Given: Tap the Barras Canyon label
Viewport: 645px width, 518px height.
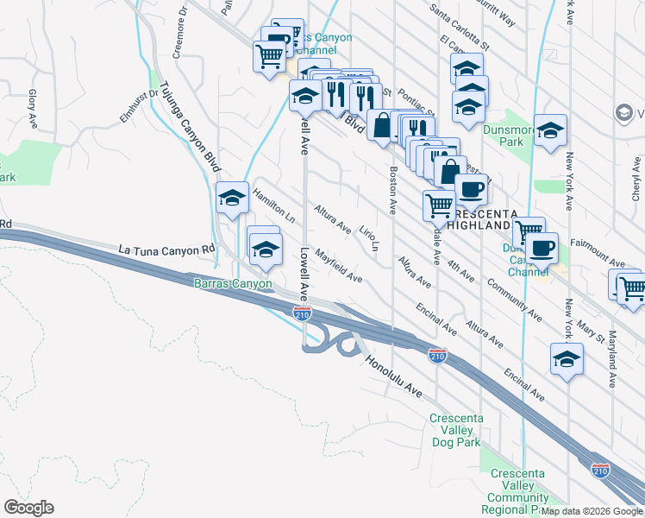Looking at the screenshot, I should click(x=232, y=283).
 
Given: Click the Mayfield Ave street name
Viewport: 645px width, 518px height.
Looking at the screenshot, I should click(x=338, y=266).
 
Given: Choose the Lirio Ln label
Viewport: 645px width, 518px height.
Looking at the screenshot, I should click(x=369, y=238).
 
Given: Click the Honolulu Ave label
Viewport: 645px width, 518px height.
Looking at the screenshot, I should click(x=393, y=377).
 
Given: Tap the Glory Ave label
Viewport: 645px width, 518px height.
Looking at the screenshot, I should click(x=33, y=103).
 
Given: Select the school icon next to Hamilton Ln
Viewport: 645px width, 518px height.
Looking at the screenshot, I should click(x=232, y=199).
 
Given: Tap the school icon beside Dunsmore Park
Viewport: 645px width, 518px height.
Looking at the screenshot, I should click(x=550, y=130).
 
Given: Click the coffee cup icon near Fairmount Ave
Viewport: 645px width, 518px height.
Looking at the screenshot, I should click(x=542, y=249).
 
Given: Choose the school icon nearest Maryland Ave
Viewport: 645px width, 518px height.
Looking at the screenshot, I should click(x=567, y=359).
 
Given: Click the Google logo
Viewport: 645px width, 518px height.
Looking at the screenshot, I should click(x=28, y=508).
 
